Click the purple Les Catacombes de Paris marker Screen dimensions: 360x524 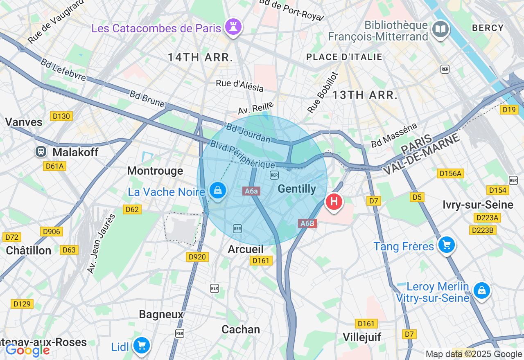coord(234,27)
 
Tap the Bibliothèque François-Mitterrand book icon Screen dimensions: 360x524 coord(440,29)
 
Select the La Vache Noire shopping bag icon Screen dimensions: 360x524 coord(218,191)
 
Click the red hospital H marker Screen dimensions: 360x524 coord(334,202)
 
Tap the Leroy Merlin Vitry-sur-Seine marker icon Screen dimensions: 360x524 coord(481,290)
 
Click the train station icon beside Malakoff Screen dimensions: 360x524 coord(41,152)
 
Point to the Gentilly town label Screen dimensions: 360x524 coord(297,189)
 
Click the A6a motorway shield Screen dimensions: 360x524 coord(251,191)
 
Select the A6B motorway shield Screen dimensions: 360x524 coord(307,223)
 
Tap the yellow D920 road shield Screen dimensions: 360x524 coord(197,257)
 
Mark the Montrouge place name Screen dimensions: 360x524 coord(155,171)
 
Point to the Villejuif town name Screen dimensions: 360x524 coord(362,337)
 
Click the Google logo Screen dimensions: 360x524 coord(27,350)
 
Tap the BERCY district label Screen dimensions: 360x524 coord(488,28)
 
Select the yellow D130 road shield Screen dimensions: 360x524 coord(61,116)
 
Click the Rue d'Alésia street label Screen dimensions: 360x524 coord(240,85)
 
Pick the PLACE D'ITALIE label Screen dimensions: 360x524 coord(344,57)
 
